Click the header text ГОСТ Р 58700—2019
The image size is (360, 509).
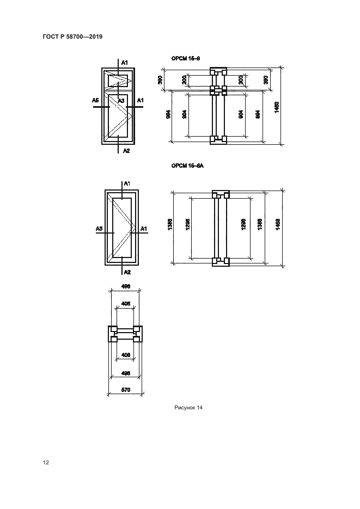pyautogui.click(x=72, y=36)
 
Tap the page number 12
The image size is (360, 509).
pyautogui.click(x=46, y=463)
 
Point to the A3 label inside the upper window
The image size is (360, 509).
pyautogui.click(x=121, y=100)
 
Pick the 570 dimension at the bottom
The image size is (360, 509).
pyautogui.click(x=125, y=390)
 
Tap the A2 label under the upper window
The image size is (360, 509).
pyautogui.click(x=126, y=150)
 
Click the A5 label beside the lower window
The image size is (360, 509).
pyautogui.click(x=100, y=230)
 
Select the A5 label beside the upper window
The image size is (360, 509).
pyautogui.click(x=95, y=100)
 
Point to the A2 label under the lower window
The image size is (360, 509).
pyautogui.click(x=126, y=272)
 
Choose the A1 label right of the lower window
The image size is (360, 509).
pyautogui.click(x=144, y=230)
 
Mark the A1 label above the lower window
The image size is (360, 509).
pyautogui.click(x=127, y=184)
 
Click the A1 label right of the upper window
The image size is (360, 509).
pyautogui.click(x=140, y=100)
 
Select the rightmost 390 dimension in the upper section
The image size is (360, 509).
pyautogui.click(x=266, y=79)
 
